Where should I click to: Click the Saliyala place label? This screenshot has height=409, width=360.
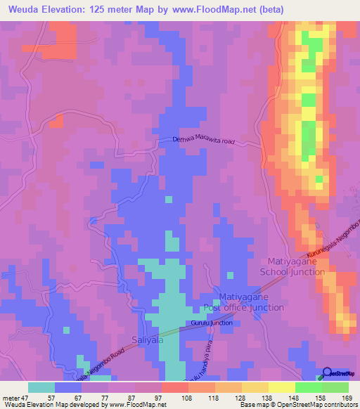click(x=146, y=340)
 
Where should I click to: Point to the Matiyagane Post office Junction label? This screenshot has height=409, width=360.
click(x=243, y=302)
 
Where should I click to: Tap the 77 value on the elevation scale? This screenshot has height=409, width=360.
click(x=109, y=396)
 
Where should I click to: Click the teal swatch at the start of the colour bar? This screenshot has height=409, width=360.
click(x=41, y=387)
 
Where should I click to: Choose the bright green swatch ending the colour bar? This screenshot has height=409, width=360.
click(x=335, y=387)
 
